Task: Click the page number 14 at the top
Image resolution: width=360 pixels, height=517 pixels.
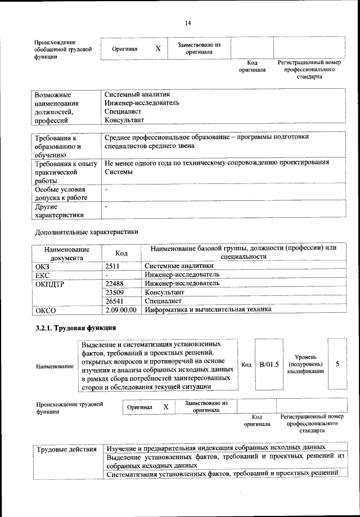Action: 187,23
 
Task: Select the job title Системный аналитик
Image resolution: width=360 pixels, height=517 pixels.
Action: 137,95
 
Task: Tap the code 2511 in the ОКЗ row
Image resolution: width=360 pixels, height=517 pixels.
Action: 114,266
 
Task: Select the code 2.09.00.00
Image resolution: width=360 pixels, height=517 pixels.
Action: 121,309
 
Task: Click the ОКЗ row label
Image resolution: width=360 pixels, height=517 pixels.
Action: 43,266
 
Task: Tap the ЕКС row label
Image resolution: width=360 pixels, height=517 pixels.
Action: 43,275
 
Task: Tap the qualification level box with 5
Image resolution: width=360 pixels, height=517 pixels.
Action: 337,364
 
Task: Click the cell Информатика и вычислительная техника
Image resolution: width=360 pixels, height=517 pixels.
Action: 208,309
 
